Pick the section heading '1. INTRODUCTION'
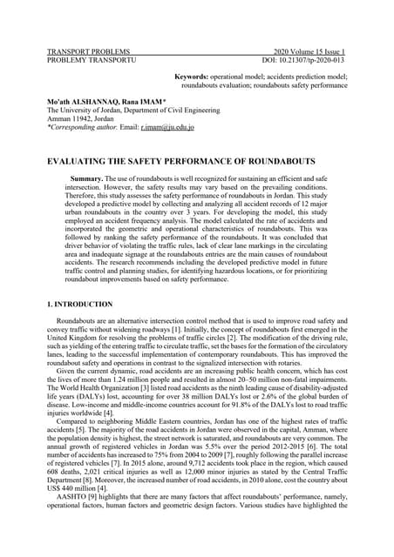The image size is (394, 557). (x=80, y=305)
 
